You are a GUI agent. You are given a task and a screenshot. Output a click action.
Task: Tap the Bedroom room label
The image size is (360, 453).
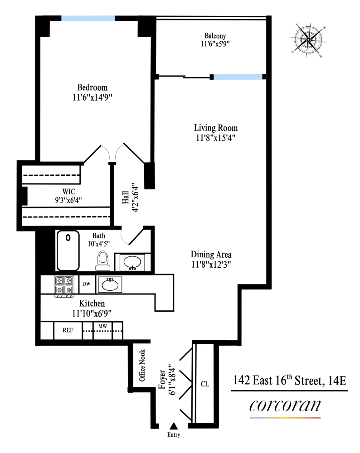(x=92, y=87)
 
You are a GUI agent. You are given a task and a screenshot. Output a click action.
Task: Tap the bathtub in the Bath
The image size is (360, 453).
(x=68, y=250)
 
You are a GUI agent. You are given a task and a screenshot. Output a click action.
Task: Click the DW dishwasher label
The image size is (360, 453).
(x=86, y=284)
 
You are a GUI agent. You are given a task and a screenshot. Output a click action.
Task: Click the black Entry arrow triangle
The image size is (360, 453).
(x=173, y=425)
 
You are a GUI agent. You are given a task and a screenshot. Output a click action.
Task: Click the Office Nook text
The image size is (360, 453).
(x=142, y=365)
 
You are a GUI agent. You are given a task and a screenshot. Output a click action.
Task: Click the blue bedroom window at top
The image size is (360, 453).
(x=88, y=18)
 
